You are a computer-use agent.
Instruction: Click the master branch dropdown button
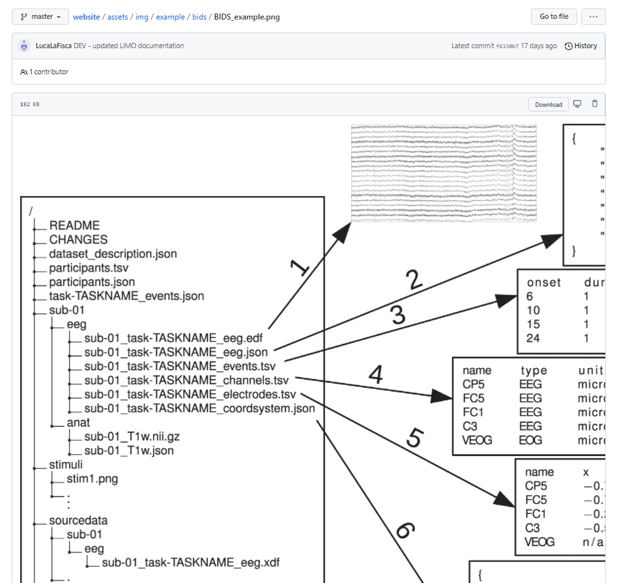[40, 16]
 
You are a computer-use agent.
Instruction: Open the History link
[580, 46]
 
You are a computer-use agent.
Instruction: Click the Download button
[548, 104]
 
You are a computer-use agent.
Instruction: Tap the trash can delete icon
[594, 104]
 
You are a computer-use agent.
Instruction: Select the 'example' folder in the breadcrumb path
[170, 16]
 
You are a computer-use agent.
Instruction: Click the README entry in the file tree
[74, 225]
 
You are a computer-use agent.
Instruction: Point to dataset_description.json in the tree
[113, 253]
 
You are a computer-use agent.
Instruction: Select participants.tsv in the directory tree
[89, 268]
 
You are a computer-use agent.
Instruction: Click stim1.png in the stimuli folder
[92, 479]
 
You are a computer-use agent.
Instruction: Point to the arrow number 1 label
[298, 267]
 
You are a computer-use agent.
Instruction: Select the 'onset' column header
[544, 282]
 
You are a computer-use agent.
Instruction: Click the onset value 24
[534, 338]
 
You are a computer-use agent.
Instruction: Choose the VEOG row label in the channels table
[478, 440]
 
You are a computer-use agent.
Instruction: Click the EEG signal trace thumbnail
[444, 173]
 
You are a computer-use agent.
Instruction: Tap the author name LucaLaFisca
[53, 46]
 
